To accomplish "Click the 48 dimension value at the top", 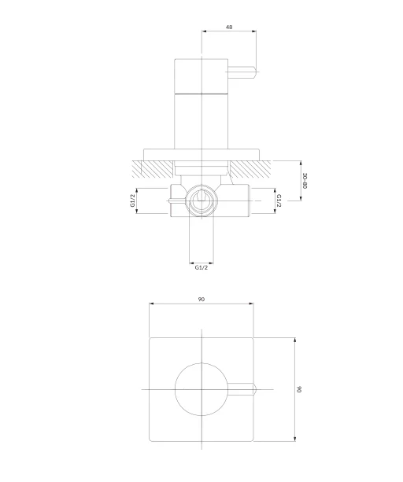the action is [229, 27].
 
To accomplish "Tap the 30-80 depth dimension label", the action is [305, 181].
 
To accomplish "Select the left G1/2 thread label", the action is [133, 201].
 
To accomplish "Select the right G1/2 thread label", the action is [279, 201].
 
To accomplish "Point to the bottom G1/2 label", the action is [201, 267].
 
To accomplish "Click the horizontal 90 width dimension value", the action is [201, 299].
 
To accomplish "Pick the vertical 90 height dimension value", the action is [299, 389].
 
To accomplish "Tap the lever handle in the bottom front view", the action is [242, 389].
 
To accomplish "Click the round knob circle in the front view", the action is [176, 389].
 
